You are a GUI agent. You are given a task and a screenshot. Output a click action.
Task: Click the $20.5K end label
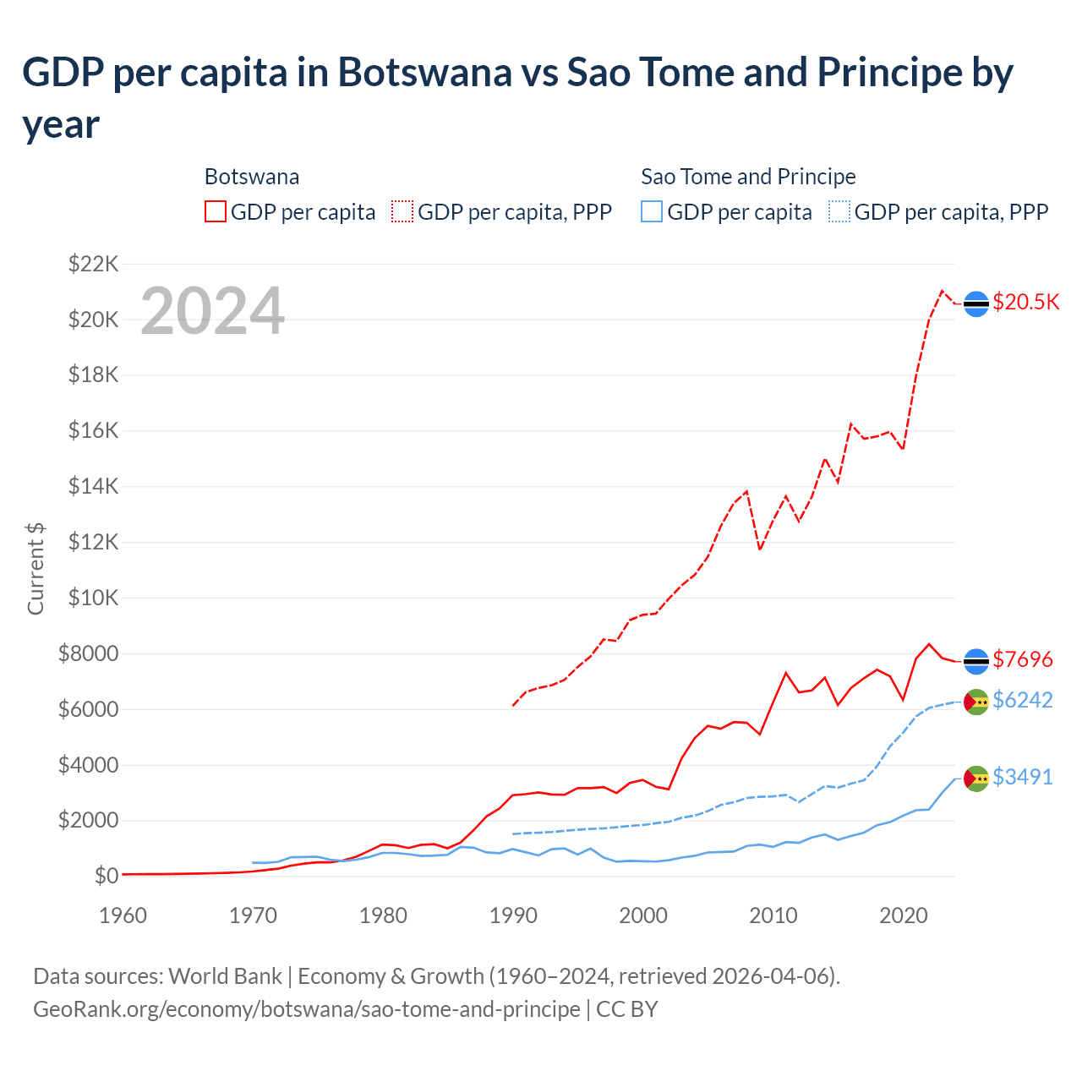point(1025,302)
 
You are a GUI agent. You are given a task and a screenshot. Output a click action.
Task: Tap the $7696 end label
point(1022,659)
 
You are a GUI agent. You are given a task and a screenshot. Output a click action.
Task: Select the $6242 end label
point(1022,700)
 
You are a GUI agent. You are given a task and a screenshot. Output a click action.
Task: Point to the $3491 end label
point(1022,777)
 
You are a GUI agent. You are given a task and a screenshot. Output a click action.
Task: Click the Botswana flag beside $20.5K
point(976,303)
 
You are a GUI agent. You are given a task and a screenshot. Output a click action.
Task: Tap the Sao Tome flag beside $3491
point(976,779)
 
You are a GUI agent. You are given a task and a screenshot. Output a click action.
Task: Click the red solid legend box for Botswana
point(216,211)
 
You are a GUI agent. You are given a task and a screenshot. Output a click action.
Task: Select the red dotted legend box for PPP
point(402,211)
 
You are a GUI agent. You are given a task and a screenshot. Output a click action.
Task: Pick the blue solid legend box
point(652,211)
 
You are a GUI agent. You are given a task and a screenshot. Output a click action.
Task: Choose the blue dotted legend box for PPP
point(839,211)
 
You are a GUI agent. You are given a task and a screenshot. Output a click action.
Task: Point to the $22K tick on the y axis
point(93,264)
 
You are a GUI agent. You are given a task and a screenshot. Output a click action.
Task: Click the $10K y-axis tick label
point(93,598)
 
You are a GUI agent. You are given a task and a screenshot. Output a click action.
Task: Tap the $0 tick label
point(106,876)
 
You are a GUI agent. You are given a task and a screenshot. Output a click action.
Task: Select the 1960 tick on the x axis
point(123,915)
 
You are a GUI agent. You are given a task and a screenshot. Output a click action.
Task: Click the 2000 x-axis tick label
point(643,915)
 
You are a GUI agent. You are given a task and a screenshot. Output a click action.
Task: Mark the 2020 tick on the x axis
point(904,915)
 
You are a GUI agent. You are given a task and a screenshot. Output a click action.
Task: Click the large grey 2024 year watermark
point(212,311)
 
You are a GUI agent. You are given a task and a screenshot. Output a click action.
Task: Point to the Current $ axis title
point(36,568)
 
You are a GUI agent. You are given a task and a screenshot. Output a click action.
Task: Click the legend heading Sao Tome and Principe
point(748,177)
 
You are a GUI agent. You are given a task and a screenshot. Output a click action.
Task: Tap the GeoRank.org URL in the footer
point(306,1009)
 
